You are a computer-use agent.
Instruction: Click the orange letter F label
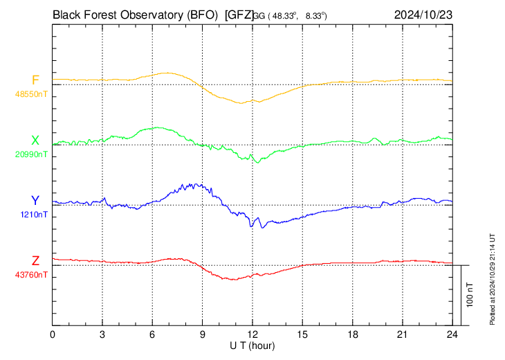[35, 80]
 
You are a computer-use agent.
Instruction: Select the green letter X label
[35, 141]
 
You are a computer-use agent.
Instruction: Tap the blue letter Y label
[35, 201]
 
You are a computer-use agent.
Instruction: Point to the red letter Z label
[35, 261]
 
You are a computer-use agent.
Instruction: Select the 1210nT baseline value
[33, 214]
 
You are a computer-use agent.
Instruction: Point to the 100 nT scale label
[470, 294]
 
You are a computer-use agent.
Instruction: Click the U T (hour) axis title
[253, 345]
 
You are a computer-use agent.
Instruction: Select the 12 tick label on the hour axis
[252, 334]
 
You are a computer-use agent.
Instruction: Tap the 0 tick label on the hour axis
[53, 334]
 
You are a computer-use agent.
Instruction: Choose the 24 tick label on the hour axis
[452, 334]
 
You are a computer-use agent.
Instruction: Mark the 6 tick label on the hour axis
[153, 334]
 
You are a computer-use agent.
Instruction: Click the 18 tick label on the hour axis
[352, 334]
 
